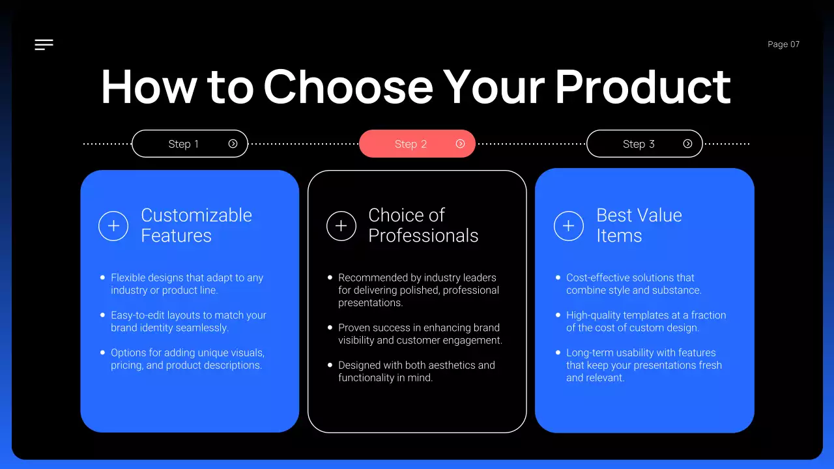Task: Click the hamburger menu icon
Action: point(44,44)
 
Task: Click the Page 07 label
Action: point(783,44)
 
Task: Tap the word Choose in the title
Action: point(348,87)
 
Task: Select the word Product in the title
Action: point(642,87)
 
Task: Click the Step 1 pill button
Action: point(190,144)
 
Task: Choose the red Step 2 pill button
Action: point(417,144)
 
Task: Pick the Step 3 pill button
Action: point(644,144)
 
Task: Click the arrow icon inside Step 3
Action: point(687,144)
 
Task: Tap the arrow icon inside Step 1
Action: point(233,144)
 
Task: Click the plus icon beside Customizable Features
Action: point(113,226)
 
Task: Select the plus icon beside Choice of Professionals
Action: point(341,226)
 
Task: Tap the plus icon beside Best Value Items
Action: point(568,226)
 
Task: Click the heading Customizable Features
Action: point(196,225)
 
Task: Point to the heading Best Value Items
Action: point(639,225)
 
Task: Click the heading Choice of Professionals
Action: point(423,225)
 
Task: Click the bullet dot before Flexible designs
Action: point(102,277)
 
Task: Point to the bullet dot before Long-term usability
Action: point(558,352)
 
